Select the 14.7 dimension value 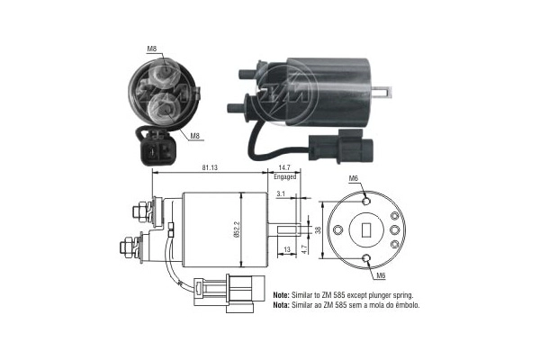[x=285, y=168]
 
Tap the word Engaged [x=286, y=179]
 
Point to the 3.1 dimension [x=281, y=194]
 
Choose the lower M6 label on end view [x=381, y=275]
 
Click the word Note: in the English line [x=282, y=295]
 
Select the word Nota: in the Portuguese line [x=282, y=305]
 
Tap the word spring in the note [x=406, y=295]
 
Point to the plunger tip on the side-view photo [x=386, y=92]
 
